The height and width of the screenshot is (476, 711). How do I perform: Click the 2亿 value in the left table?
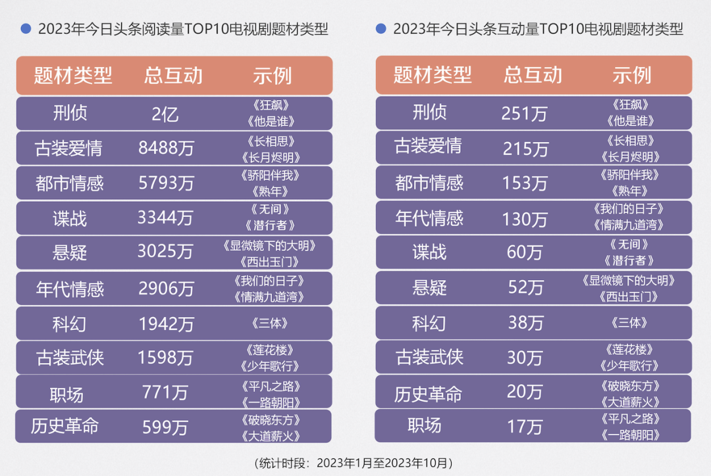tap(165, 114)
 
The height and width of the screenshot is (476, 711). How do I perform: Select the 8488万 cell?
tap(166, 148)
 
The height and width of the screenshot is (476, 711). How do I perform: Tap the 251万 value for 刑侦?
tap(524, 114)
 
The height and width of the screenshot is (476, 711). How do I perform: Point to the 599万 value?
tap(165, 427)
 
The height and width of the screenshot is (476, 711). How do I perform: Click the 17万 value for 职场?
tap(525, 427)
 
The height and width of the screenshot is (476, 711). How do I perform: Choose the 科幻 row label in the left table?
tap(69, 323)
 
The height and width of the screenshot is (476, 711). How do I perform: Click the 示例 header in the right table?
tap(631, 75)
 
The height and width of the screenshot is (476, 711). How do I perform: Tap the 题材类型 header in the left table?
tap(73, 75)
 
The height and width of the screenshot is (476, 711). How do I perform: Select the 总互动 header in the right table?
tap(533, 75)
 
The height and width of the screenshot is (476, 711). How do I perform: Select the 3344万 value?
tap(166, 218)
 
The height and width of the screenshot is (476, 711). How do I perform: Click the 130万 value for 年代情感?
tap(524, 218)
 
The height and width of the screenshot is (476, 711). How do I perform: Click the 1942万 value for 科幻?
tap(166, 323)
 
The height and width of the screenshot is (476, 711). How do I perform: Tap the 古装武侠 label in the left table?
tap(69, 358)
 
